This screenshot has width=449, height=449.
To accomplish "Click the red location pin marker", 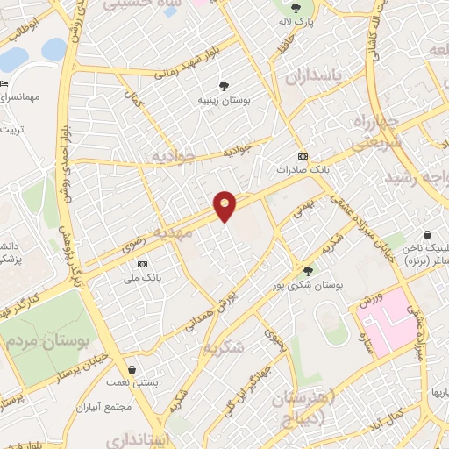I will coord(225,205).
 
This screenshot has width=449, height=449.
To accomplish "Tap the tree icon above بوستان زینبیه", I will coord(225,86).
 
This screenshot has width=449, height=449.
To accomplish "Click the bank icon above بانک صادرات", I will coord(303,154).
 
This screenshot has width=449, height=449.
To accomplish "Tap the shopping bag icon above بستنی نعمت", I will coord(132,369).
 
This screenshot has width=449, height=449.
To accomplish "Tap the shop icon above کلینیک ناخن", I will coord(427,235).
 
